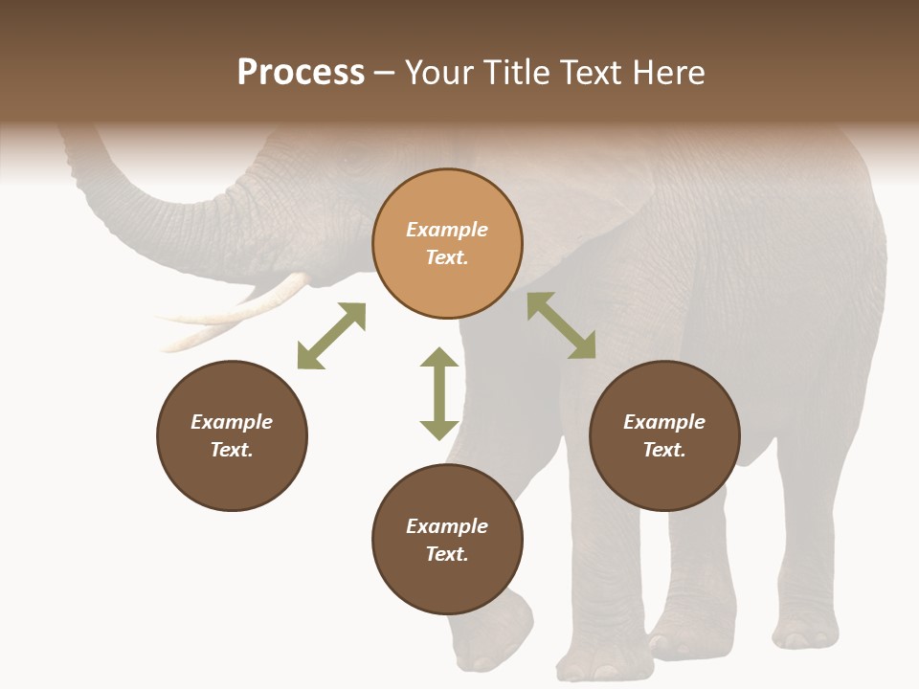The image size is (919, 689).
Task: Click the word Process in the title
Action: click(x=301, y=73)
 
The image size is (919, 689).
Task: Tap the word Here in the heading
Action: click(x=668, y=73)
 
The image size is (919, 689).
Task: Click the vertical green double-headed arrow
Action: click(x=439, y=393)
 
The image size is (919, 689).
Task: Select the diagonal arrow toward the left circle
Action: click(x=331, y=335)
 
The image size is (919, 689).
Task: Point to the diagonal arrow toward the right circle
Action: click(x=562, y=325)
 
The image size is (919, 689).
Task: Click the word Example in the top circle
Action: click(x=447, y=230)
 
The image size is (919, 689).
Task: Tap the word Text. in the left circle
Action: click(x=232, y=450)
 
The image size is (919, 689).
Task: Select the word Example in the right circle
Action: click(x=664, y=422)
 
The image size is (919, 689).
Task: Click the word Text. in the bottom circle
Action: click(x=447, y=554)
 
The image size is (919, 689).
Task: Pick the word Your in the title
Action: click(x=437, y=73)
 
